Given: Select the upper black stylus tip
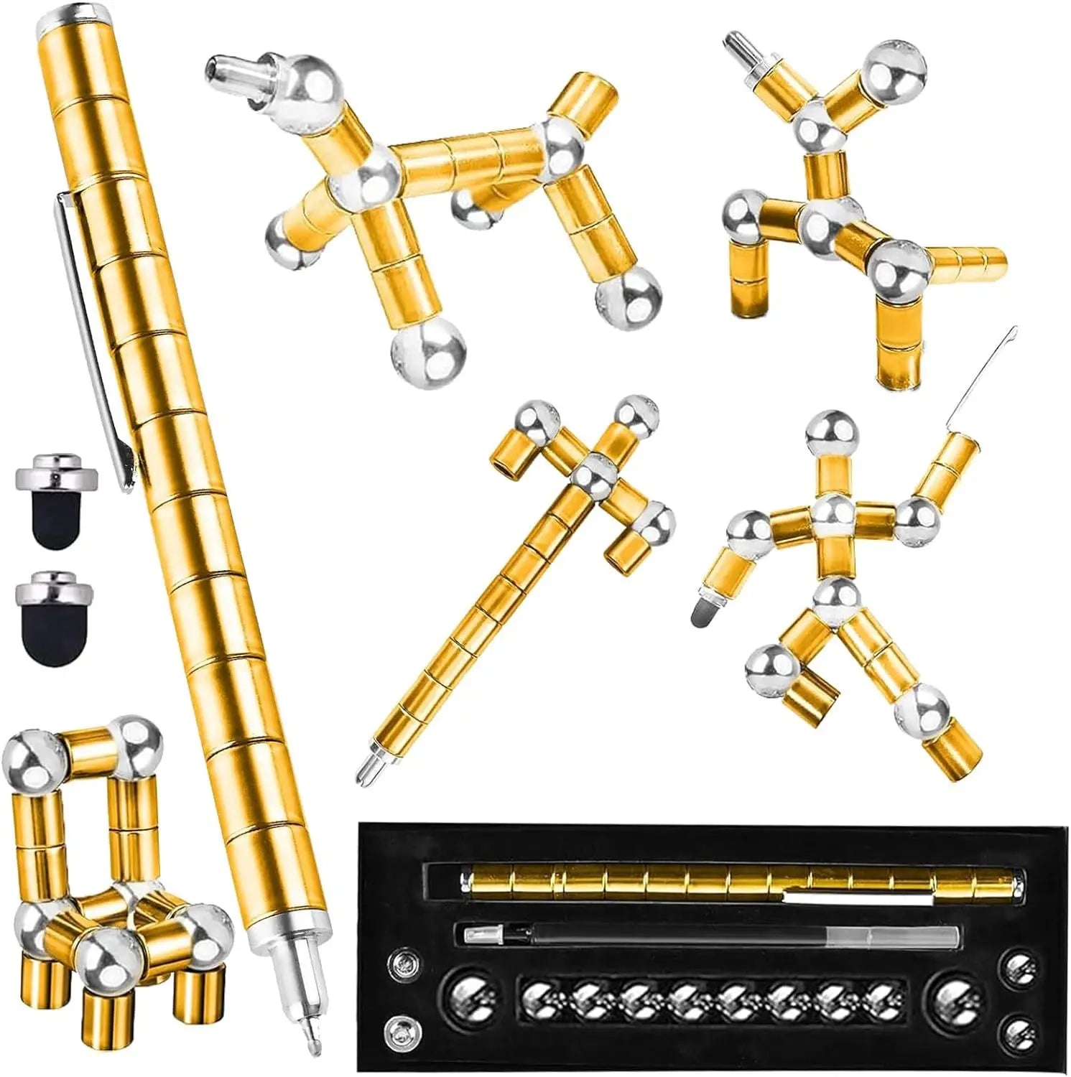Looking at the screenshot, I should pos(55,513).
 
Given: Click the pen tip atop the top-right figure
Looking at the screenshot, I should pos(736,45).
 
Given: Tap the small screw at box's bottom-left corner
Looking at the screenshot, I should pos(397,1032).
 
